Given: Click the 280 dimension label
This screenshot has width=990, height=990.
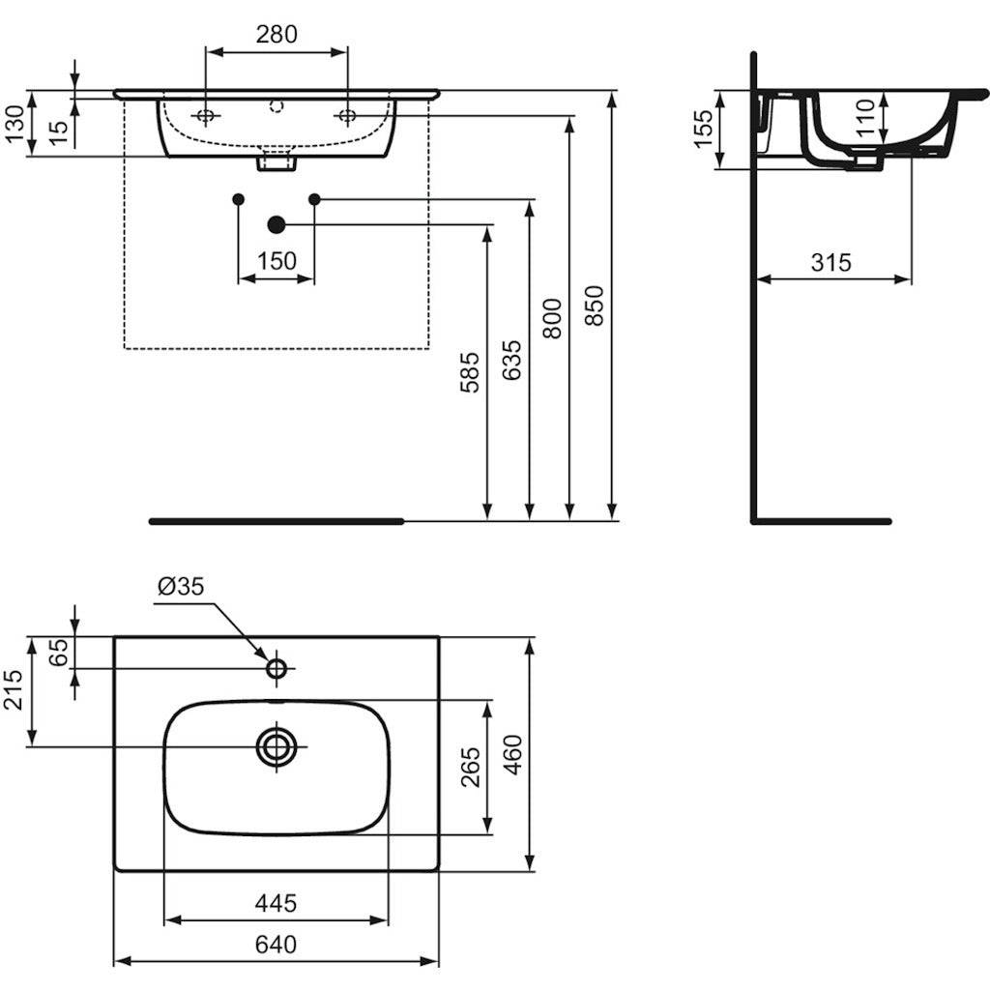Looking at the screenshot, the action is click(277, 34).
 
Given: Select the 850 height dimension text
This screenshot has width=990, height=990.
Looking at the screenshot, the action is click(595, 306).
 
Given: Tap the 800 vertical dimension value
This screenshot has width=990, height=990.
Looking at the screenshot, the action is click(552, 318).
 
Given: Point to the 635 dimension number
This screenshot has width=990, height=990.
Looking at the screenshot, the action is click(511, 360).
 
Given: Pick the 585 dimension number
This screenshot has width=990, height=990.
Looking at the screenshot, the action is click(470, 372).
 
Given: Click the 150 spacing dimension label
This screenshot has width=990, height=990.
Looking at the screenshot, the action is click(277, 261).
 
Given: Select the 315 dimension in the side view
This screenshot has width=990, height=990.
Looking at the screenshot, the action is click(830, 262).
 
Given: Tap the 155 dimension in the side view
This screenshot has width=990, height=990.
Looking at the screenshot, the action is click(703, 129).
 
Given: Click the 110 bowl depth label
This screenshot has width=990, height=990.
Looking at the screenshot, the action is click(865, 117).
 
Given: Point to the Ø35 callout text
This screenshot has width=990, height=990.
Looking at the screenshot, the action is click(181, 587).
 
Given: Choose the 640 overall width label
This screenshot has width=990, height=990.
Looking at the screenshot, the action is click(276, 945).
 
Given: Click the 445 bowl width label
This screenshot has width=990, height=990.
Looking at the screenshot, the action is click(276, 904).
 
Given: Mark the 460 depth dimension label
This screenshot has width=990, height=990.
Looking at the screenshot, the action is click(512, 754).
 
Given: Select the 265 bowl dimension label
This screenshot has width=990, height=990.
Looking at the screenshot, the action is click(471, 767).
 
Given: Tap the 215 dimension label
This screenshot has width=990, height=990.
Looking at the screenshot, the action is click(14, 689).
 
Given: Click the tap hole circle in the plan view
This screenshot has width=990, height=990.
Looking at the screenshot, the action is click(277, 668).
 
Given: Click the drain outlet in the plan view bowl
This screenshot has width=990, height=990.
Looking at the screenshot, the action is click(277, 746).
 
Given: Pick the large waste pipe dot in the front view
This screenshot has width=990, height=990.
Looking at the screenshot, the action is click(277, 224).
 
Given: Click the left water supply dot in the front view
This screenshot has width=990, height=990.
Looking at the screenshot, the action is click(238, 199).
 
